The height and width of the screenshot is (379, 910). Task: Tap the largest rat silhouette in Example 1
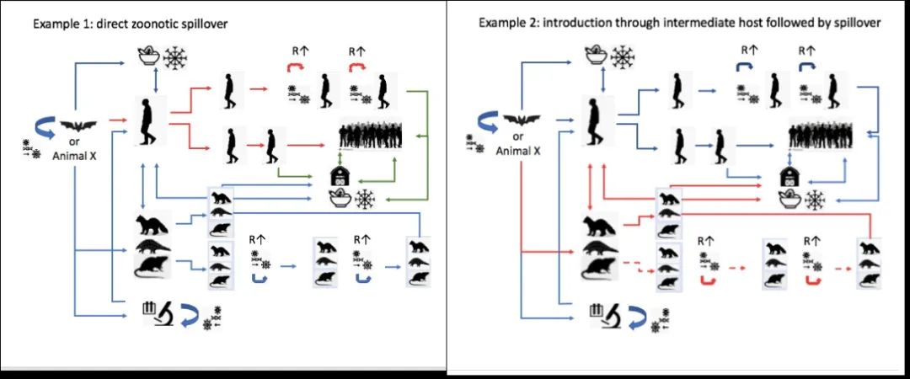156,269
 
